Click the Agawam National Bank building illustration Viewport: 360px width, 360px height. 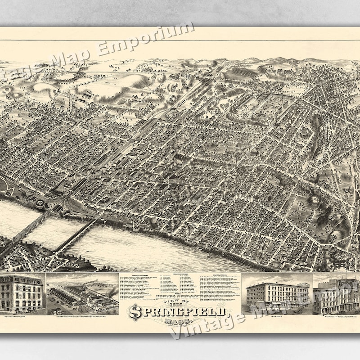[x=22, y=292]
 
